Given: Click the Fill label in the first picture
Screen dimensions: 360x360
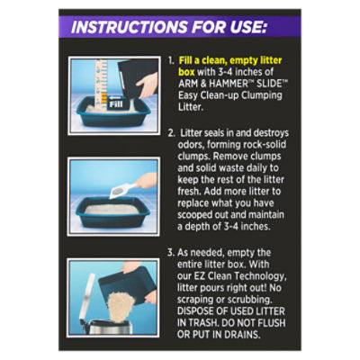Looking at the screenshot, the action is pyautogui.click(x=116, y=104).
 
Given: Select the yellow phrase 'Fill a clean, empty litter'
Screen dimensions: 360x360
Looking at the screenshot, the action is pyautogui.click(x=230, y=60).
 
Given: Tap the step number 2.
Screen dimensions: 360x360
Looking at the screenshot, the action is pyautogui.click(x=171, y=133).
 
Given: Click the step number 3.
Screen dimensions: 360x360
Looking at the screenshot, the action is pyautogui.click(x=171, y=253).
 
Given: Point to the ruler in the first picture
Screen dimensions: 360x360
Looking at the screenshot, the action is pyautogui.click(x=101, y=85).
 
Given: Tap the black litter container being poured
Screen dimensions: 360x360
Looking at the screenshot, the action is pyautogui.click(x=138, y=77).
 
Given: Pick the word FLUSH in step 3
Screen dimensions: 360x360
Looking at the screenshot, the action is pyautogui.click(x=270, y=323).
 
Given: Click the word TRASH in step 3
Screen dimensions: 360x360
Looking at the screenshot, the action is pyautogui.click(x=202, y=323).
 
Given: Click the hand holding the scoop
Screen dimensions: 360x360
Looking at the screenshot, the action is pyautogui.click(x=147, y=181).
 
